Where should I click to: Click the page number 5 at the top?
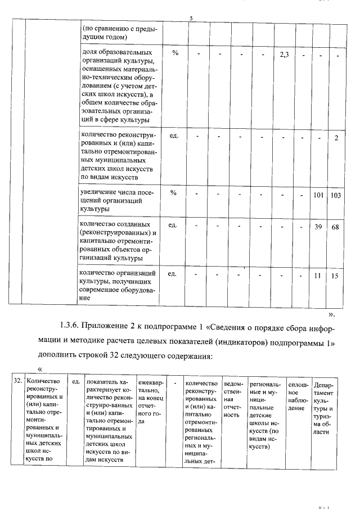(x=191, y=20)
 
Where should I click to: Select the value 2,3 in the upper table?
(x=284, y=54)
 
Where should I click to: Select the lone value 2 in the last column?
(x=336, y=139)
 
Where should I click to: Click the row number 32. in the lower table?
(x=17, y=381)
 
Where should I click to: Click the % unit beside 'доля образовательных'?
(x=175, y=53)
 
